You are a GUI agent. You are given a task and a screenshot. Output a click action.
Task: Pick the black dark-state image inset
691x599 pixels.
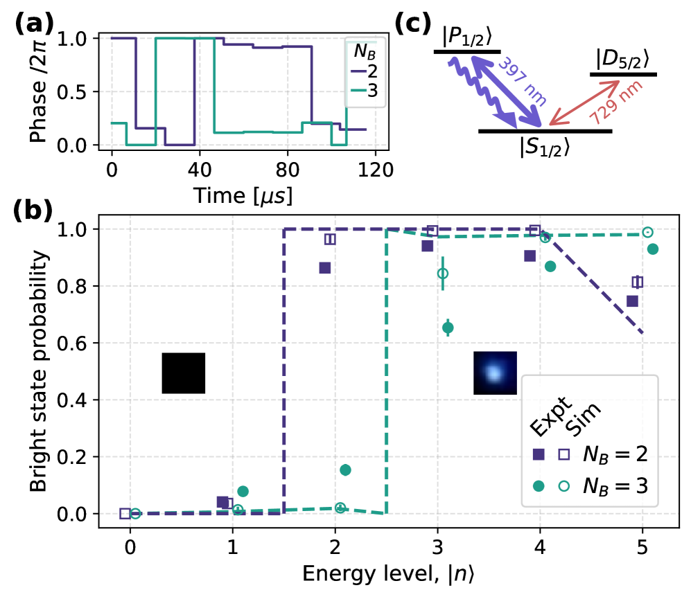coord(184,373)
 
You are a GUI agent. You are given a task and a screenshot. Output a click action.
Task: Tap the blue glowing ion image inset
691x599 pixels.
coord(495,373)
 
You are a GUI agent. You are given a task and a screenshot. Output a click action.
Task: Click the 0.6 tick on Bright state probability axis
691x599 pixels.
coord(80,343)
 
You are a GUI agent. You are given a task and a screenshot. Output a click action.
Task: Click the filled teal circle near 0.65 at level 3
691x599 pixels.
coord(448,328)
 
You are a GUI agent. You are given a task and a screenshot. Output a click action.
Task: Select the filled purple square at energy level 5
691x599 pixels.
coord(632,301)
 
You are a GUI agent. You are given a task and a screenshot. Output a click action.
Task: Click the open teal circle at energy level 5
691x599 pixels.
coord(647,232)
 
